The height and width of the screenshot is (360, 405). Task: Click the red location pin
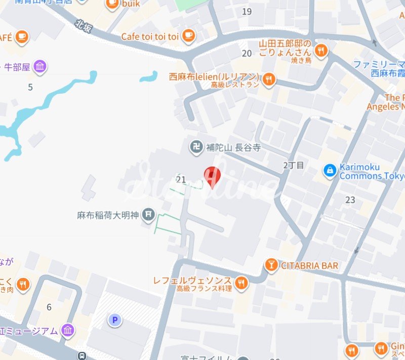(212, 177)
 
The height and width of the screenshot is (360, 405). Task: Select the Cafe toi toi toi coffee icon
(188, 35)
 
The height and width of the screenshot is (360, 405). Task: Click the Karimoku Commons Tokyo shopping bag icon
(330, 171)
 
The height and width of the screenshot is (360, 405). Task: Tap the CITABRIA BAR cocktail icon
(271, 265)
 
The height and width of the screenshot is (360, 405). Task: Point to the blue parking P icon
(115, 319)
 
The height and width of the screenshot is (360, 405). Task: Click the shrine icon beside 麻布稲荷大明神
(148, 215)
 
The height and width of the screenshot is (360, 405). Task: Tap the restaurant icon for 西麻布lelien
(269, 79)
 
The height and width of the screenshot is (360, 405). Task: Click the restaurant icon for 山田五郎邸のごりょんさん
(320, 50)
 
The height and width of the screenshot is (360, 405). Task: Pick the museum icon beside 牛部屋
(40, 66)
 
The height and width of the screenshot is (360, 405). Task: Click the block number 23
(350, 199)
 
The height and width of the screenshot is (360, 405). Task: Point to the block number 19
(247, 12)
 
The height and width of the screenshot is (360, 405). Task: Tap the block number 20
(247, 53)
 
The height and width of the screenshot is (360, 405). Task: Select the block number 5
(30, 87)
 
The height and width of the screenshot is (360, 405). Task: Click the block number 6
(49, 307)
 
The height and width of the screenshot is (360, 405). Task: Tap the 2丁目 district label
(294, 165)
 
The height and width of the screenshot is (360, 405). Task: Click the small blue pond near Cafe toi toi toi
(148, 77)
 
